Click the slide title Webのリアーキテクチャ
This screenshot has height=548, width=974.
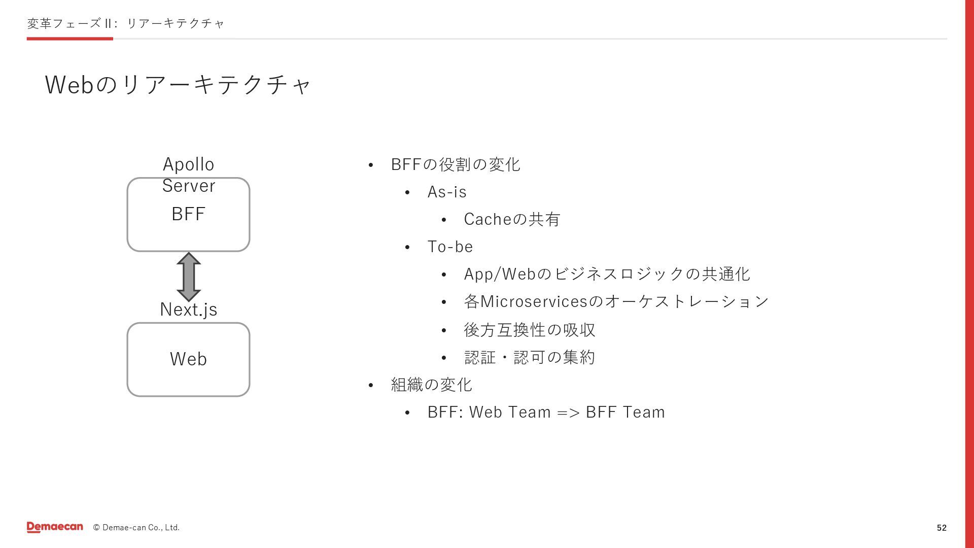click(178, 84)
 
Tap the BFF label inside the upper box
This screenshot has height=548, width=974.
click(188, 214)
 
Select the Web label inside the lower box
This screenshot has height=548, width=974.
click(188, 359)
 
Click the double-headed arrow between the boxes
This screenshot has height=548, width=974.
click(189, 277)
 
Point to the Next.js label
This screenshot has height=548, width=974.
click(189, 310)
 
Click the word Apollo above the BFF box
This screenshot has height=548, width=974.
click(189, 164)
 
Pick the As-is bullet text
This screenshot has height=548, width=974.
click(447, 192)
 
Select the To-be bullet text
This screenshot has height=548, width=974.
click(450, 247)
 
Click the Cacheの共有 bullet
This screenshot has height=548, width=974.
click(512, 219)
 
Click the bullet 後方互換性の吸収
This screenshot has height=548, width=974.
click(530, 330)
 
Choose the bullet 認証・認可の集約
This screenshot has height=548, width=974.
click(530, 357)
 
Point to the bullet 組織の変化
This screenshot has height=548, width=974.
click(431, 385)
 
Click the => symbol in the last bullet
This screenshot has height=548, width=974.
click(568, 413)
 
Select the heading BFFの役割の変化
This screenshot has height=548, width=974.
click(456, 164)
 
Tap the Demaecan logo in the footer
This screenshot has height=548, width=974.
click(55, 527)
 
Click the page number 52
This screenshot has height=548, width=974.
click(942, 528)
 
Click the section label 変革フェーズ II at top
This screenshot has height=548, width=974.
click(70, 23)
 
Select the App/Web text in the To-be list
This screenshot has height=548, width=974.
click(500, 274)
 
